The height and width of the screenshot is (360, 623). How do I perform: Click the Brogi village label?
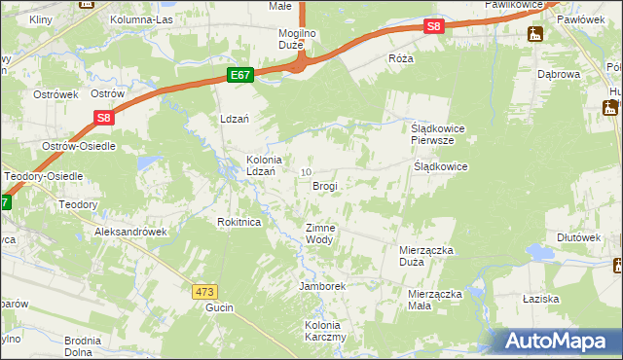(x=326, y=185)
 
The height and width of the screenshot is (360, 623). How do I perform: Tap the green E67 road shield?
(x=241, y=75)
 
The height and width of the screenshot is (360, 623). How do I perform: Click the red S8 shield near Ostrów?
(x=105, y=118)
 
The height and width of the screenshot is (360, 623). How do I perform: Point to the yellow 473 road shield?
(x=203, y=291)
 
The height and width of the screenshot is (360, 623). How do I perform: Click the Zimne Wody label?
(x=320, y=234)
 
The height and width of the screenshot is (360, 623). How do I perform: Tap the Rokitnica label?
(x=238, y=222)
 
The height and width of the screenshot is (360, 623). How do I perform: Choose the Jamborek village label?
(x=323, y=287)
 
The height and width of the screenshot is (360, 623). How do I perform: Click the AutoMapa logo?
(x=558, y=342)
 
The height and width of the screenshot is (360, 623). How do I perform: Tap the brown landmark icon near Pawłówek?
(x=534, y=35)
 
